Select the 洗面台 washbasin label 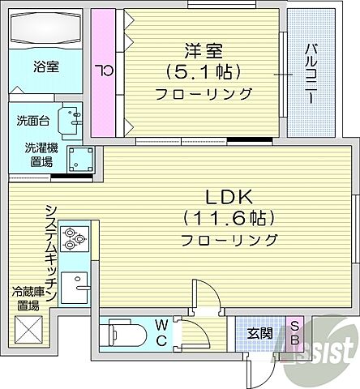[x=32, y=121]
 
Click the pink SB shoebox [x=296, y=333]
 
